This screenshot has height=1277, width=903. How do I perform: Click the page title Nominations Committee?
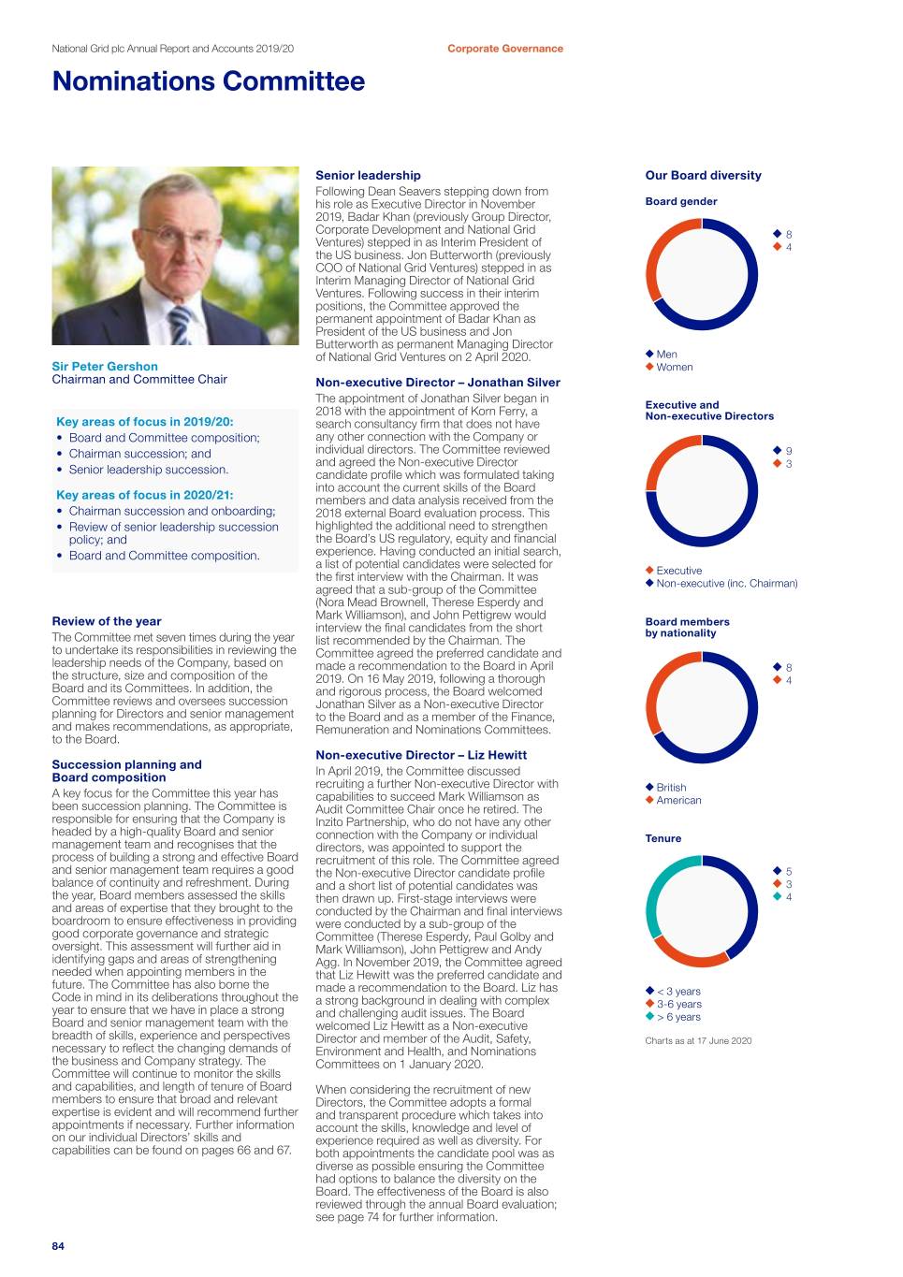(209, 82)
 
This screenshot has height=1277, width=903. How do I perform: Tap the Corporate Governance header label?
(504, 49)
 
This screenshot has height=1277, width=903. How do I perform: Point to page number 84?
(58, 1246)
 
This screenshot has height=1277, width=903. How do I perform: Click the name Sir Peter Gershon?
(105, 367)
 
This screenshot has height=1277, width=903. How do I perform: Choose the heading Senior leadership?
(368, 176)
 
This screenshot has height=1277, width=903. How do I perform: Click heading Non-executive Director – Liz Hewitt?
(421, 755)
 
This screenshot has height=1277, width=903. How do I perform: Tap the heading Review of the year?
(107, 621)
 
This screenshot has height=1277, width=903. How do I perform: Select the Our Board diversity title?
(703, 176)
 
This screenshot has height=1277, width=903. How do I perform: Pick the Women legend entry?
(674, 368)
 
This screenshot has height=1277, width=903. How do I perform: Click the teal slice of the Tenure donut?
(663, 893)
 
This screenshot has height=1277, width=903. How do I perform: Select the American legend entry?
(677, 801)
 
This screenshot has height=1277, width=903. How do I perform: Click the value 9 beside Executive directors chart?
(789, 451)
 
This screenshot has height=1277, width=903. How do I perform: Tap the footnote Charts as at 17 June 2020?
(698, 1041)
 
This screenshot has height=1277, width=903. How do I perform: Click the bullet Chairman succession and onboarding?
(171, 511)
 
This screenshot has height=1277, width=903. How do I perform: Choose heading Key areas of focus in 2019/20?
(145, 422)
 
